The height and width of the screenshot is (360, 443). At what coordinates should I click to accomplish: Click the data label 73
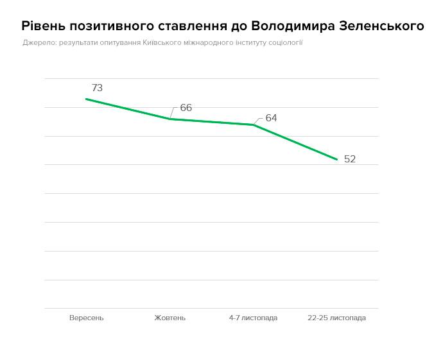click(x=98, y=88)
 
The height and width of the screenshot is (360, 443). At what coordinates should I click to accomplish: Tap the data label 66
click(x=186, y=108)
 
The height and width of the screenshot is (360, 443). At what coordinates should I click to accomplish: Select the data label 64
click(x=271, y=118)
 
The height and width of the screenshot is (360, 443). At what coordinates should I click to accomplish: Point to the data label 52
click(x=350, y=159)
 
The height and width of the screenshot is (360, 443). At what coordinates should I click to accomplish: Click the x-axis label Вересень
click(x=86, y=318)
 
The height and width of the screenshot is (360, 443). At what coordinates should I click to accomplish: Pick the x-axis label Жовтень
click(x=170, y=318)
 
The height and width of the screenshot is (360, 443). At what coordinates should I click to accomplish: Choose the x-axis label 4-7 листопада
click(x=253, y=318)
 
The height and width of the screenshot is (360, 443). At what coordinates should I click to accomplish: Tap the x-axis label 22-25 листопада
click(x=336, y=318)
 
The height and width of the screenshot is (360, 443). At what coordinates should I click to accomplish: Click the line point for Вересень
click(x=86, y=99)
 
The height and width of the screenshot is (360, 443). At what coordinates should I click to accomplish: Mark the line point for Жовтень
click(x=170, y=119)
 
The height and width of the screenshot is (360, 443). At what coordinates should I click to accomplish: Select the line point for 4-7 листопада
click(x=254, y=124)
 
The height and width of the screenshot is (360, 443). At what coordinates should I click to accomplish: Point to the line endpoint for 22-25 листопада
click(x=337, y=159)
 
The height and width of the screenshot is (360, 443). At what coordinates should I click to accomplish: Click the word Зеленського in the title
click(x=381, y=26)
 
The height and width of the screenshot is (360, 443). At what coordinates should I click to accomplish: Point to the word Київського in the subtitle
click(x=163, y=43)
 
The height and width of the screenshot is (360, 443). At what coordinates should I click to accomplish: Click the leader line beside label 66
click(x=174, y=112)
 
